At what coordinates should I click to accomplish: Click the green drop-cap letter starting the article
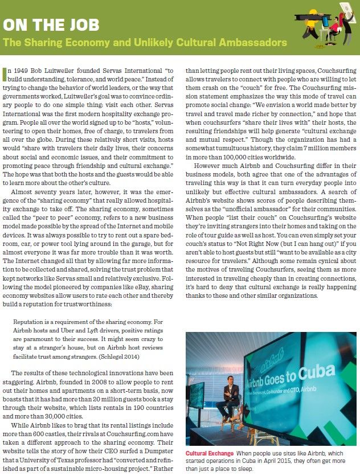click(6, 72)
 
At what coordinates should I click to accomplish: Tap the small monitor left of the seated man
click(199, 401)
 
